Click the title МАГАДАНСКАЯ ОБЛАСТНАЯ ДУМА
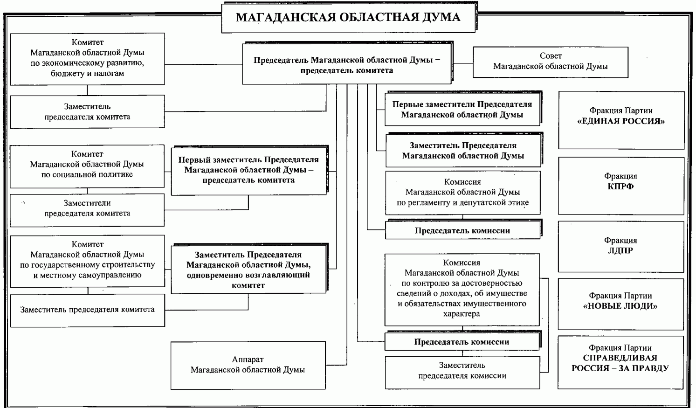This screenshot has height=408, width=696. coord(348,18)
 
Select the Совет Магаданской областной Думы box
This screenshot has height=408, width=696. coord(550,62)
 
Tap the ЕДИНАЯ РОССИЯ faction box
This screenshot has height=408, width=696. coord(621,120)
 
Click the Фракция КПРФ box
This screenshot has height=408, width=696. coord(621,186)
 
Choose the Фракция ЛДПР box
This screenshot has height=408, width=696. coord(620,247)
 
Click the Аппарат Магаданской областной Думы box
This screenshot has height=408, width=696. coord(248,365)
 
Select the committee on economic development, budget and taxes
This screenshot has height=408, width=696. coord(87,59)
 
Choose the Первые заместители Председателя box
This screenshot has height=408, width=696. coord(462,110)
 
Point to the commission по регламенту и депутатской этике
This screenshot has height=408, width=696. coord(462,193)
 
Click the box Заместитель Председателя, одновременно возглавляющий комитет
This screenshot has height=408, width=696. coord(248,270)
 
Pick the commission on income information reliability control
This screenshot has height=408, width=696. coord(462,289)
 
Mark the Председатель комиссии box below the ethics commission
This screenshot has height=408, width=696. coord(462,230)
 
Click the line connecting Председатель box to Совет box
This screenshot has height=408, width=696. coord(462,62)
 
